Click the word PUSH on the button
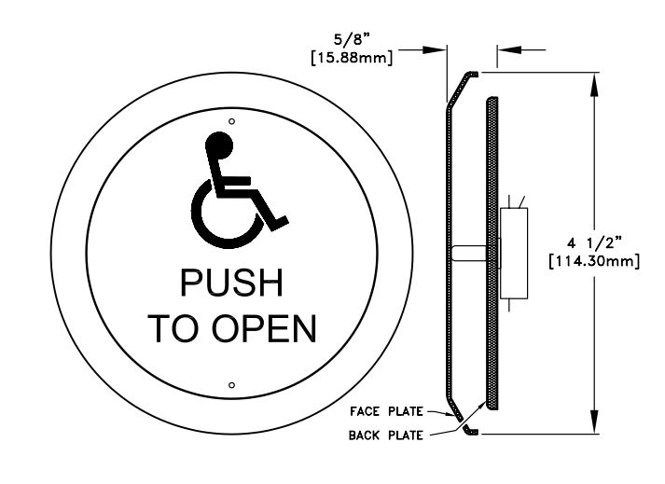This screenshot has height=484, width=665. (231, 283)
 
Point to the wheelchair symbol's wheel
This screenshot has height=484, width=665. (216, 211)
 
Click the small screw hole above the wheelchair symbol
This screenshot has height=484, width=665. (232, 120)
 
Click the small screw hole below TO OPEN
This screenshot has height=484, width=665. (232, 383)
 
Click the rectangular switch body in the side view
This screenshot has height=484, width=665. (514, 253)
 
